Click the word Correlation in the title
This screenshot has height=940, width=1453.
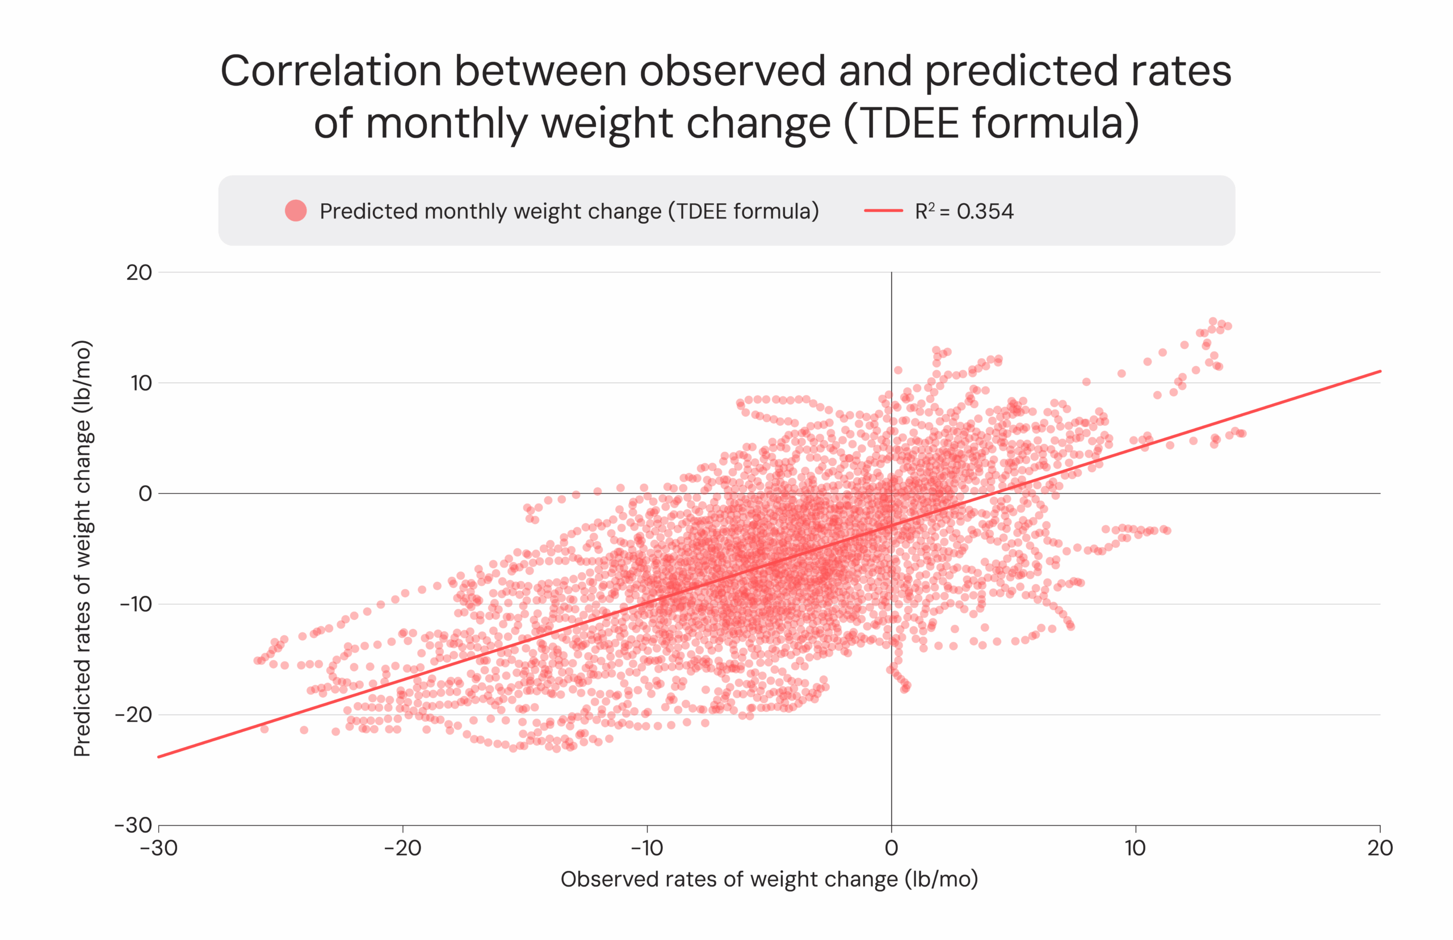[330, 72]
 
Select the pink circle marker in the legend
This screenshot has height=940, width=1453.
[296, 211]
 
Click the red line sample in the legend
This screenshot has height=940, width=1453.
[883, 211]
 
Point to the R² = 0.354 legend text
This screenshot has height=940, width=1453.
[964, 211]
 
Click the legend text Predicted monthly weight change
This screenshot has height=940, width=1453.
[490, 211]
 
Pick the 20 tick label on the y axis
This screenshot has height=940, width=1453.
[139, 272]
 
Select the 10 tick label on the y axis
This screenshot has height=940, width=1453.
[140, 383]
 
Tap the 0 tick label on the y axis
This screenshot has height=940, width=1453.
[145, 493]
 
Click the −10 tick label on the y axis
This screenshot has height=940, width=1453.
[136, 605]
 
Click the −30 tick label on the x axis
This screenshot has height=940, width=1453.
[159, 848]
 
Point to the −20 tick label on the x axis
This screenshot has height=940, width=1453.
[403, 848]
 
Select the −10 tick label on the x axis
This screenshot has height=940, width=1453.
[647, 848]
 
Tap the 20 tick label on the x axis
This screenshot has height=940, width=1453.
[1380, 848]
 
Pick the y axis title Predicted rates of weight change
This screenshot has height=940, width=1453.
[82, 548]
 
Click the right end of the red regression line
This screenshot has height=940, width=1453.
[1379, 371]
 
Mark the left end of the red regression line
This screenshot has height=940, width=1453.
[160, 756]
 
